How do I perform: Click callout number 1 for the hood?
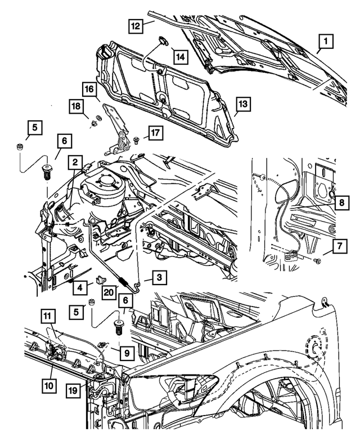tap(325, 41)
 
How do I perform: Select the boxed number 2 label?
tap(74, 162)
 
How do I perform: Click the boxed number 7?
tap(339, 246)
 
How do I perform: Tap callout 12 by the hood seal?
tap(134, 26)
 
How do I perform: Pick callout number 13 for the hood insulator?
tap(242, 105)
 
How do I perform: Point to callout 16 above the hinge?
tap(89, 89)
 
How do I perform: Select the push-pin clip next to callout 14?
tap(162, 39)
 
